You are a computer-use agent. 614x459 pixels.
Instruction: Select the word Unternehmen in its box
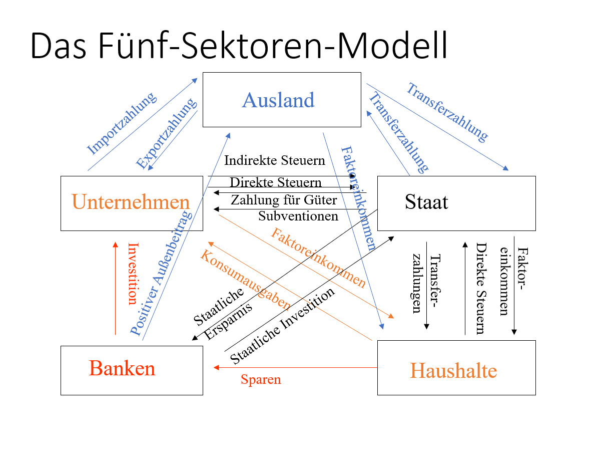pos(131,202)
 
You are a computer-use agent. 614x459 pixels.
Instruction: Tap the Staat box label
pos(426,202)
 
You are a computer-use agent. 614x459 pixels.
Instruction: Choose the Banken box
pos(123,368)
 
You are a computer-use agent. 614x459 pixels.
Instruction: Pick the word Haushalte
pos(453,371)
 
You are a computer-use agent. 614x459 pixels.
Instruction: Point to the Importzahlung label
pos(122,123)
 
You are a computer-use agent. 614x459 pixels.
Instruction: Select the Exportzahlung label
pos(166,134)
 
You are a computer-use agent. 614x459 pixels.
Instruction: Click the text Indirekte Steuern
pos(275,161)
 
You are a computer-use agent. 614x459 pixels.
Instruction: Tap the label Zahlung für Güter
pos(284,200)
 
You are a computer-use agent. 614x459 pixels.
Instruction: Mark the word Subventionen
pos(298,216)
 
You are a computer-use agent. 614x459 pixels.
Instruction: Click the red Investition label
pos(133,273)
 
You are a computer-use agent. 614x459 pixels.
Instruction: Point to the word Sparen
pos(261,379)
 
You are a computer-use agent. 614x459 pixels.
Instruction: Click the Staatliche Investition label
pos(282,327)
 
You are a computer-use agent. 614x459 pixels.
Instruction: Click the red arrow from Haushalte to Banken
pos(295,368)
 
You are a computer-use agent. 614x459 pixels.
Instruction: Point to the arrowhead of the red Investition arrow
pos(116,245)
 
